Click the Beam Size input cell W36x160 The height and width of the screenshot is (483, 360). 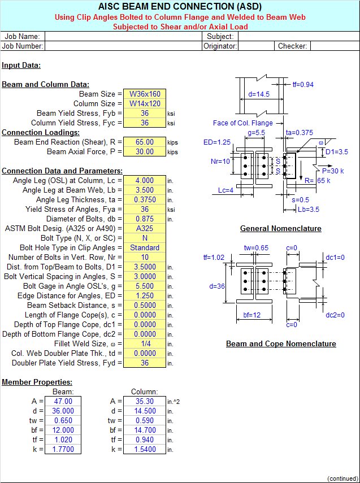[x=145, y=94]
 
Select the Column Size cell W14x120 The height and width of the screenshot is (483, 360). [x=145, y=103]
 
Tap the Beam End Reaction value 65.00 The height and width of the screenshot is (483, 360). [x=145, y=142]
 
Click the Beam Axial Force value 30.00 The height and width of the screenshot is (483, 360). [x=145, y=151]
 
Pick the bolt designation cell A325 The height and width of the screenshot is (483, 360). [x=145, y=229]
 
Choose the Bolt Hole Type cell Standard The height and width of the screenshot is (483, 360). [x=145, y=247]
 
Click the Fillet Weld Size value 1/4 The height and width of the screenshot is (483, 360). [x=145, y=344]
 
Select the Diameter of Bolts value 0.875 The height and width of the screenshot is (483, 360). [x=145, y=219]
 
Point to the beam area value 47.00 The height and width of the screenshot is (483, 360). [x=63, y=402]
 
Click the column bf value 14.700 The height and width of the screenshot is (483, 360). [x=145, y=430]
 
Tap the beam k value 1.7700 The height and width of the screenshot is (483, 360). [x=63, y=450]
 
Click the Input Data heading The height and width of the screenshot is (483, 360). [x=21, y=66]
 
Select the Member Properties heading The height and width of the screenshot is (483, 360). [x=37, y=382]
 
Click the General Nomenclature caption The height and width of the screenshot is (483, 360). [x=280, y=229]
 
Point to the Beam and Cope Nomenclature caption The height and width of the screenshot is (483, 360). [x=281, y=344]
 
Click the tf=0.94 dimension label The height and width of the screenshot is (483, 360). [x=303, y=85]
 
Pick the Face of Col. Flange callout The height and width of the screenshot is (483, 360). [x=243, y=123]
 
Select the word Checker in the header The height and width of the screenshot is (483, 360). [x=293, y=46]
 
